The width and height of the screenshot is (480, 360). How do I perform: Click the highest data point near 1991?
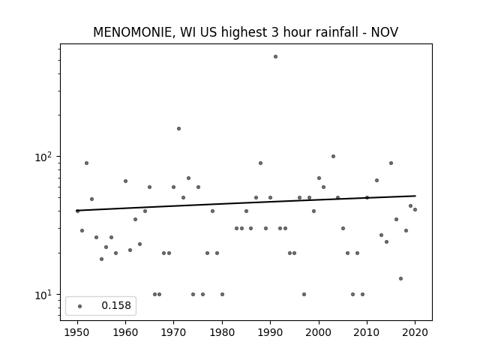[x=275, y=57]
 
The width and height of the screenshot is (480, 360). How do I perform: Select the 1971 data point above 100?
[x=178, y=128]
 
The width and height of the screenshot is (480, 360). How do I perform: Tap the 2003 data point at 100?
[x=333, y=157]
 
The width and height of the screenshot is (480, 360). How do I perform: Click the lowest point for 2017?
[x=400, y=278]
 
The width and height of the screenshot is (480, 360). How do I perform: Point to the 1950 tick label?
[x=77, y=332]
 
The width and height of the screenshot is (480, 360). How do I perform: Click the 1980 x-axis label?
[x=222, y=332]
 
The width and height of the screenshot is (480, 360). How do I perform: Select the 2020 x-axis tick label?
[x=415, y=332]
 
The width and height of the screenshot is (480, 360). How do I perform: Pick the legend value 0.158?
[x=116, y=305]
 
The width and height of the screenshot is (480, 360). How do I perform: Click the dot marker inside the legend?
[x=80, y=306]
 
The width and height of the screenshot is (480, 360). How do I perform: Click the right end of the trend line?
[x=415, y=196]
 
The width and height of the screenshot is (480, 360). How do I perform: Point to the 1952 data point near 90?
[x=87, y=163]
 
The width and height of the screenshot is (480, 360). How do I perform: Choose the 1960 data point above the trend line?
[x=125, y=181]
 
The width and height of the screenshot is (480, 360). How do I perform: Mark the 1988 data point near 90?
[x=260, y=163]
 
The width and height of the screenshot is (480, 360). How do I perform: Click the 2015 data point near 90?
[x=391, y=163]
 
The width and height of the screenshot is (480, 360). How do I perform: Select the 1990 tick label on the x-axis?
[x=271, y=332]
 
